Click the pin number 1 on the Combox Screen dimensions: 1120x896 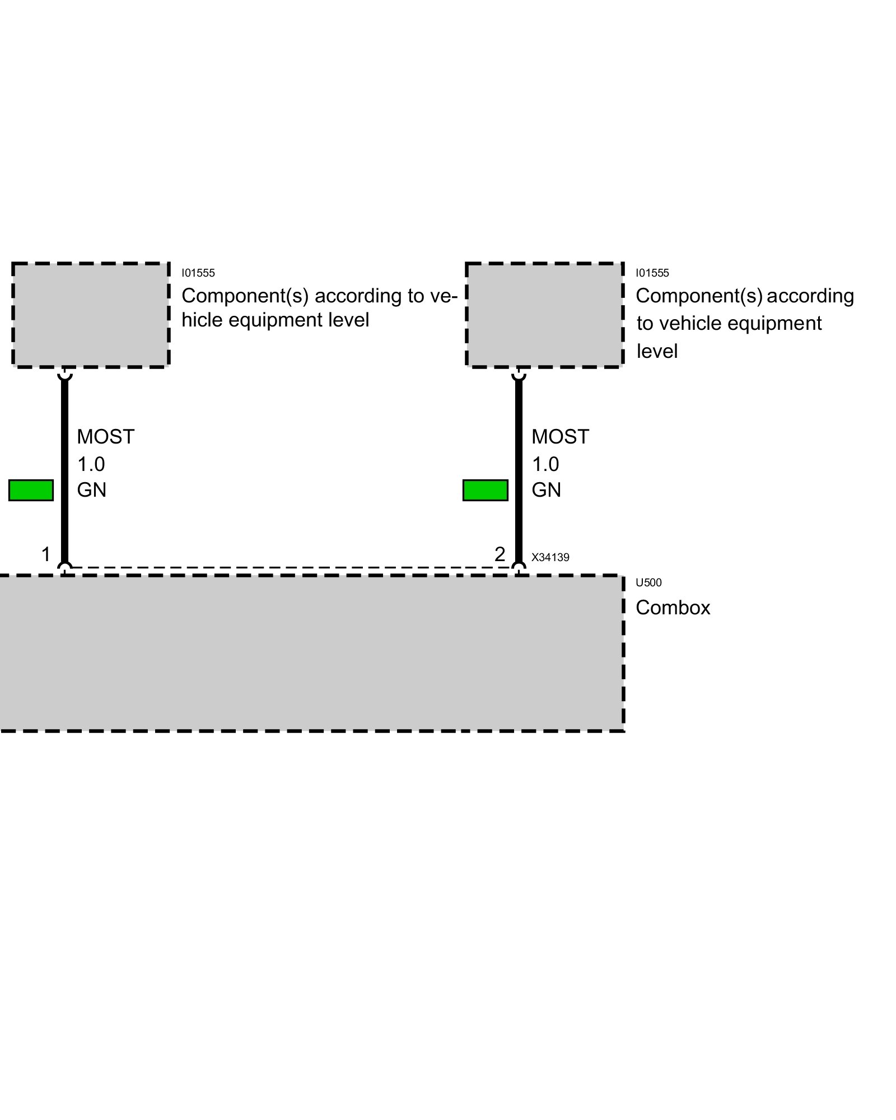point(46,554)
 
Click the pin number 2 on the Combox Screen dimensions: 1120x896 point(500,554)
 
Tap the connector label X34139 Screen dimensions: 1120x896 point(550,557)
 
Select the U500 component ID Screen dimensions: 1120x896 point(648,582)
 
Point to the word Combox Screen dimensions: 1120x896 point(673,608)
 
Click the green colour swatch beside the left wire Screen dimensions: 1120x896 point(31,490)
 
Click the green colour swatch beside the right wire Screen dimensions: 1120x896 point(486,490)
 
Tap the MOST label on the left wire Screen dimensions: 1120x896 point(105,437)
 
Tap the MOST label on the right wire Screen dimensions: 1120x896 point(560,437)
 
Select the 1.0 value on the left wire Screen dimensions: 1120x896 point(91,464)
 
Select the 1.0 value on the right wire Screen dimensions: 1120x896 point(545,464)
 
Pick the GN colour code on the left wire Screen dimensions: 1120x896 point(91,490)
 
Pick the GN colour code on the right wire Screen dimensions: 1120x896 point(546,490)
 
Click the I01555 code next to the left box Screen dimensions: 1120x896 point(198,273)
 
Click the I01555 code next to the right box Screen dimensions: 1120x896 point(652,273)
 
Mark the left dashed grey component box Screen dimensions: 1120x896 point(91,315)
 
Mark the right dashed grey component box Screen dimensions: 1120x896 point(545,315)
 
